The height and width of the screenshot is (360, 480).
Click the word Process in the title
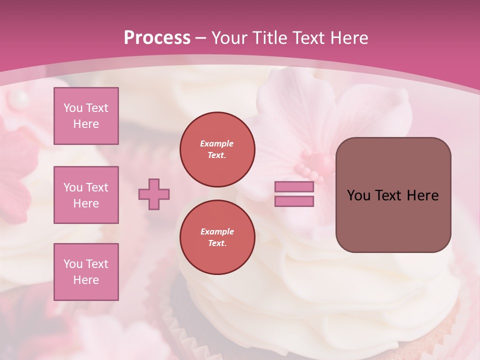(x=157, y=38)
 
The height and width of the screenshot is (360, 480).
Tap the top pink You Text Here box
(x=86, y=116)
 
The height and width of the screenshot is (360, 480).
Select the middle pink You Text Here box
(x=86, y=195)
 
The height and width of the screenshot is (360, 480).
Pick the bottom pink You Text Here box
(x=86, y=272)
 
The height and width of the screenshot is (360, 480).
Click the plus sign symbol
(x=154, y=194)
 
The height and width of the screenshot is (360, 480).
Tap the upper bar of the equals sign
(x=294, y=187)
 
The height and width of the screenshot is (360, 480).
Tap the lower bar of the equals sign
(x=294, y=201)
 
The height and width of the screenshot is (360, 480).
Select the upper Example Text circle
(x=217, y=149)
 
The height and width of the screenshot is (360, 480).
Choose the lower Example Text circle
(x=217, y=237)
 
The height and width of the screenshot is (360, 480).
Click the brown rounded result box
(x=393, y=194)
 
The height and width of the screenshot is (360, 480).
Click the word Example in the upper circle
(x=217, y=143)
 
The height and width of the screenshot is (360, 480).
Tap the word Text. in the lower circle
(x=217, y=243)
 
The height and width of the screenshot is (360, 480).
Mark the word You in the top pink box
(x=73, y=108)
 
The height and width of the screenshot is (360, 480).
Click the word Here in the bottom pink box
(x=86, y=280)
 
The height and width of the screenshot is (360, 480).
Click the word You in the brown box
(x=358, y=195)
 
